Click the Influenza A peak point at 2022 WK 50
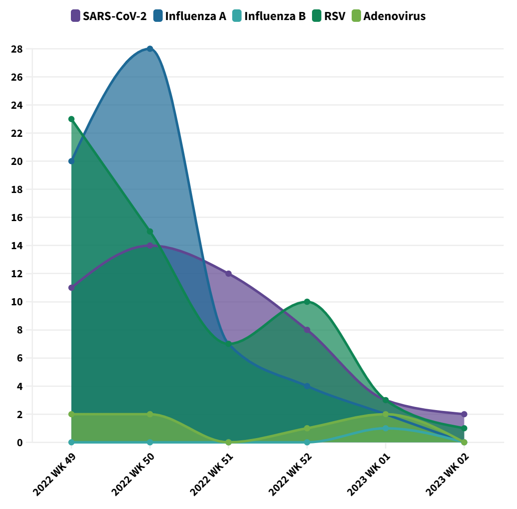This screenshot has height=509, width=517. (x=150, y=49)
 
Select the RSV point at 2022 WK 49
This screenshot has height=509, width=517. (x=71, y=119)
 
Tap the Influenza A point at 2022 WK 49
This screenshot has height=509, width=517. (x=71, y=161)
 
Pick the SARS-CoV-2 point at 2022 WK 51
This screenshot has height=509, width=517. (x=229, y=274)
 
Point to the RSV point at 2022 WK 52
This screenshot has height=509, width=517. (x=307, y=302)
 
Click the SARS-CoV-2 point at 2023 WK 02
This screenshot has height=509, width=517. (x=464, y=414)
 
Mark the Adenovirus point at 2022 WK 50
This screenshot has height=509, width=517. (x=150, y=414)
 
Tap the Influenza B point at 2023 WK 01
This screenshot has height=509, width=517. (x=386, y=428)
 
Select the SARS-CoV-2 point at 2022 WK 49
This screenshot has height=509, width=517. (x=71, y=287)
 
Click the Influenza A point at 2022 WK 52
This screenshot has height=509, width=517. (x=307, y=386)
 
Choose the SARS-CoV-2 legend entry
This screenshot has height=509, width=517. (x=109, y=16)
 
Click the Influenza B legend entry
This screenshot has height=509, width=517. (x=269, y=16)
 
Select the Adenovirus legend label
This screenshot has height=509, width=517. (x=394, y=16)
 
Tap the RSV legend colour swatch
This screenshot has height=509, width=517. (x=317, y=16)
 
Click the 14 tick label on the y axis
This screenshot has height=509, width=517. (x=17, y=246)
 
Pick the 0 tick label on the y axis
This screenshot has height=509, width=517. (x=20, y=443)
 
